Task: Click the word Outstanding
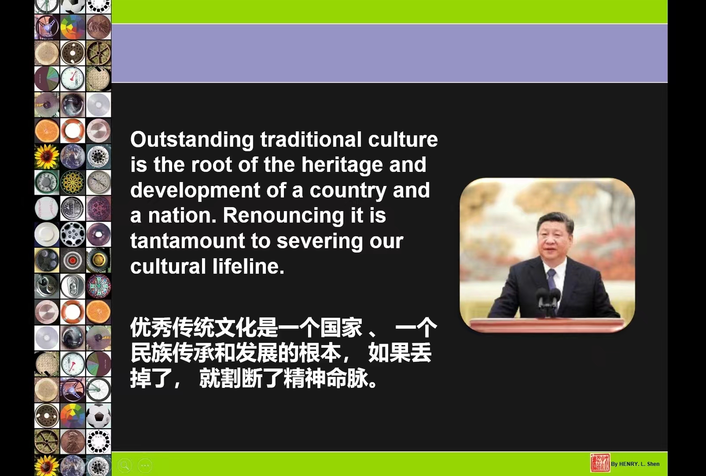[192, 140]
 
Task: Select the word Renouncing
[283, 216]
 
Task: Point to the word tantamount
[188, 241]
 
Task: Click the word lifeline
[248, 266]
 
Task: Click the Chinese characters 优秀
[151, 327]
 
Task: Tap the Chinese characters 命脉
[347, 378]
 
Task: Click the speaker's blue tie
[551, 279]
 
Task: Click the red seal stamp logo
[600, 463]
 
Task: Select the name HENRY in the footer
[629, 464]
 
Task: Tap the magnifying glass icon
[124, 465]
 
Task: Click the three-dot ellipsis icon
[145, 465]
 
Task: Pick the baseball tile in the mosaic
[47, 208]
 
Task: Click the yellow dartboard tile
[73, 182]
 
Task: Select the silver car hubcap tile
[73, 234]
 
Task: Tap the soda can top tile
[73, 286]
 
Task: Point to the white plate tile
[47, 234]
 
